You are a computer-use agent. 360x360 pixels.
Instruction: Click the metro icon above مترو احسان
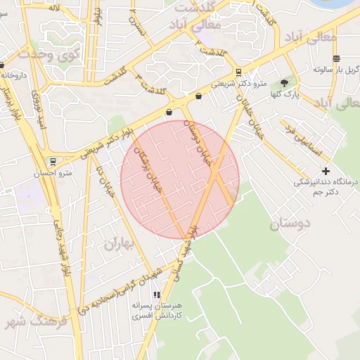pos(53,162)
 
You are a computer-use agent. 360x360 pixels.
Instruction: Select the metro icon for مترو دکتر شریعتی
pos(238,72)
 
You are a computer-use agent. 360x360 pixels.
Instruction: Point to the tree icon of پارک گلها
pos(284,83)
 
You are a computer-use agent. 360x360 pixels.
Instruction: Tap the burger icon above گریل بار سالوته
pos(336,58)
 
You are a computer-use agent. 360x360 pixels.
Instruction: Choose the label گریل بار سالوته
pos(333,70)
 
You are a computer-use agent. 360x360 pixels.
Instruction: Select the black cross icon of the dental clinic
pos(326,171)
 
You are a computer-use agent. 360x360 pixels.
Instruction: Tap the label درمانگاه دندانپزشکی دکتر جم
pos(326,186)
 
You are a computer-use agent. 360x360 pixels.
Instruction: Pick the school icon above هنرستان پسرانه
pos(157,295)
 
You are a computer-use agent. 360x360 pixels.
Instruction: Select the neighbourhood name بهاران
pos(118,244)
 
